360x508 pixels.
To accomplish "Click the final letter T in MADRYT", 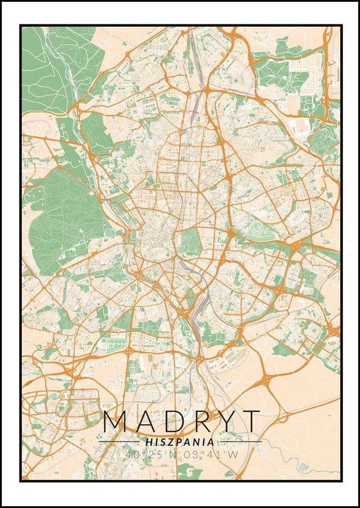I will (251, 421).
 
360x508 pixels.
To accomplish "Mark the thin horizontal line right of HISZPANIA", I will (240, 442).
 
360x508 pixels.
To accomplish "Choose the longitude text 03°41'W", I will (209, 455).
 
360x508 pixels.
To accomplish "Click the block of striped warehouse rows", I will (235, 356).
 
